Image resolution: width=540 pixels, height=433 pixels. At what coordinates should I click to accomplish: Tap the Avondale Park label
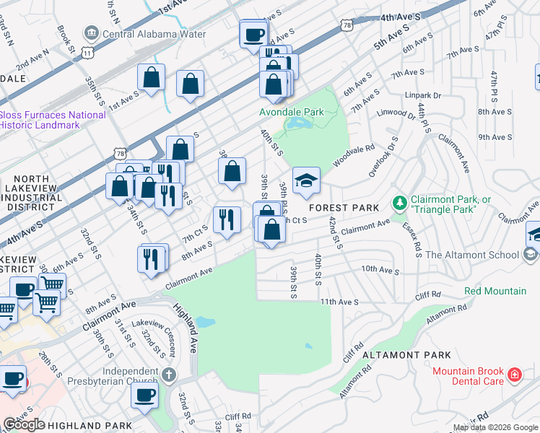[292, 112]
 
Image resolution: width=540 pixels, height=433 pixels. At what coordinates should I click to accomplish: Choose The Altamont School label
[482, 255]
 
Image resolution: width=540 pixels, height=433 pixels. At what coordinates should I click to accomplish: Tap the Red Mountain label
[495, 291]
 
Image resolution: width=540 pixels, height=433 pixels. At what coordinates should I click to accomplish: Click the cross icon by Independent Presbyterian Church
[168, 375]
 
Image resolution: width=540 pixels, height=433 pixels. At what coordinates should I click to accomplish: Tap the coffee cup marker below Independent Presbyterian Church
[144, 395]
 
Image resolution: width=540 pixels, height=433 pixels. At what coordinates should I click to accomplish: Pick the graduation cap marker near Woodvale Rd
[306, 180]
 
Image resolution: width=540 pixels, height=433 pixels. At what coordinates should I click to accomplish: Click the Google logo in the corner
[24, 424]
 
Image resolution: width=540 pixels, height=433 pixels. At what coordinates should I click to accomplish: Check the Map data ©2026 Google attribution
[495, 428]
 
